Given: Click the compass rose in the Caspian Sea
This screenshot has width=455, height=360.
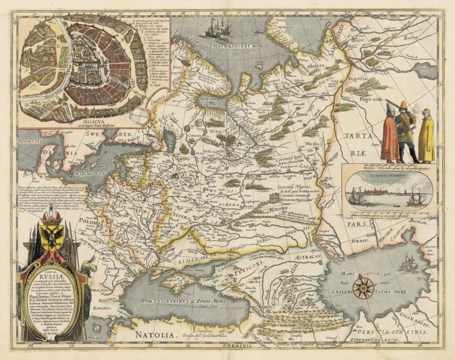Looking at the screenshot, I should click(363, 287).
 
